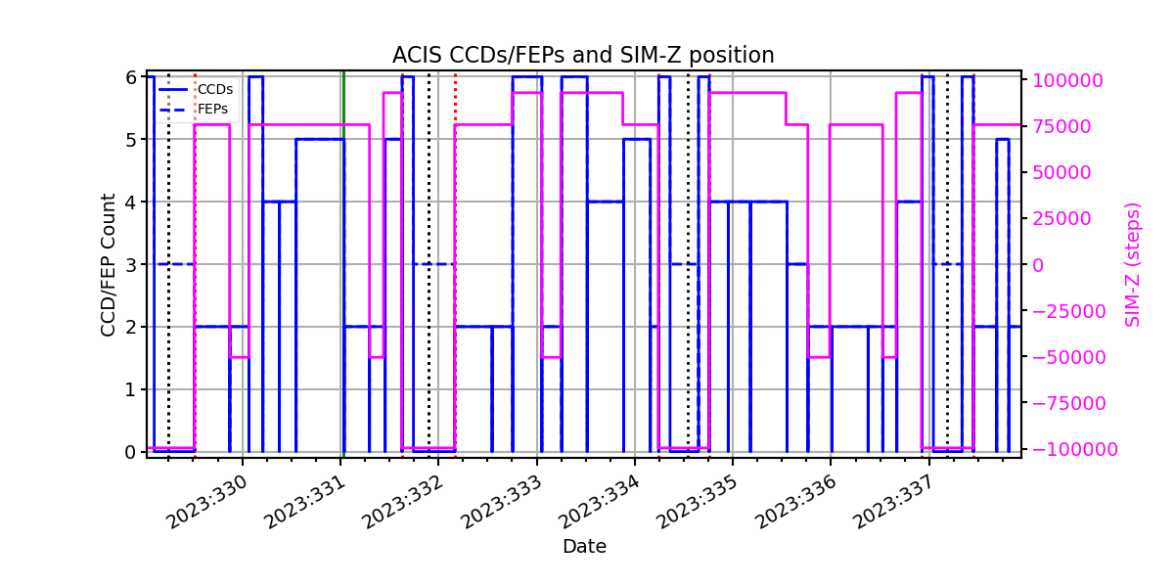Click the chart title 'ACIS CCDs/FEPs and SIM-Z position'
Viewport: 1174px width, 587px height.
coord(583,55)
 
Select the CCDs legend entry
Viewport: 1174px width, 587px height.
coord(196,89)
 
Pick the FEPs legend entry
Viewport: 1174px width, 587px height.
coord(194,109)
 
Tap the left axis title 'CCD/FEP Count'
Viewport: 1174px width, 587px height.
coord(108,265)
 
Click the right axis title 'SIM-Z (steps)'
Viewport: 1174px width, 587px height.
coord(1132,265)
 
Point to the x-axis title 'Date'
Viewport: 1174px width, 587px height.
coord(584,547)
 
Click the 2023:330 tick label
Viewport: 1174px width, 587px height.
coord(206,502)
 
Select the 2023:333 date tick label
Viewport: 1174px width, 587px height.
coord(501,502)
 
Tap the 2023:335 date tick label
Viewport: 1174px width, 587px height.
coord(697,502)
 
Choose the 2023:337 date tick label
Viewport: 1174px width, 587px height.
coord(893,502)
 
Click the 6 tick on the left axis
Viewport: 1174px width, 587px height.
coord(131,77)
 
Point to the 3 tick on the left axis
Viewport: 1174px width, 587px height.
coord(131,265)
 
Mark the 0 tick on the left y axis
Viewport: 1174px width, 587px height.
coord(131,452)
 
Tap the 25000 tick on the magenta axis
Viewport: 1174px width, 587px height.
coord(1061,218)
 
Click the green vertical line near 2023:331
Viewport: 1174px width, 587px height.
coord(343,264)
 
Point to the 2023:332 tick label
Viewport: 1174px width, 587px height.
coord(402,502)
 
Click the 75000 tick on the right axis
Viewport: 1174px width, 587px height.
coord(1061,126)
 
